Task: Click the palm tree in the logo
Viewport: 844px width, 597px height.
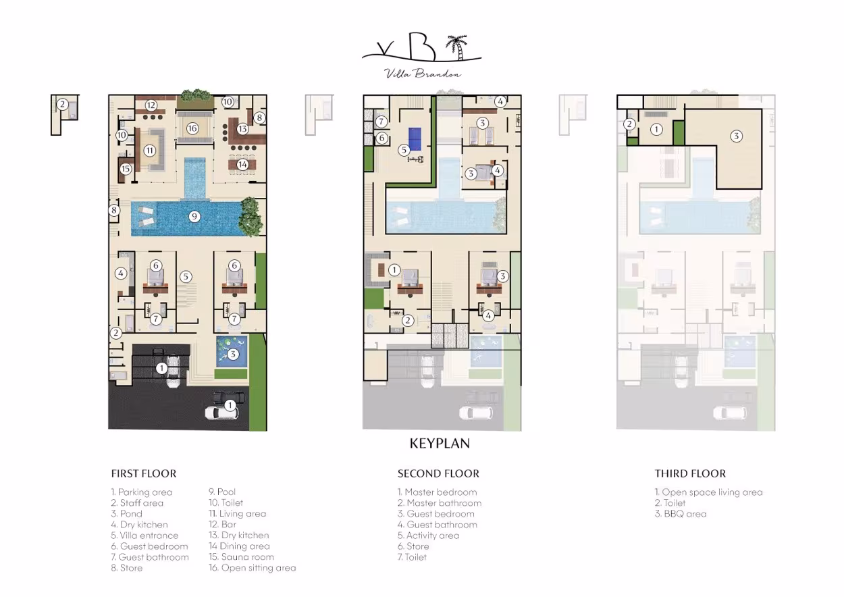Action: (x=456, y=47)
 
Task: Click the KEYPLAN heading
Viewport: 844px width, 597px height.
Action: (x=440, y=443)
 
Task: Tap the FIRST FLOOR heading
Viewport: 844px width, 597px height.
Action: (x=144, y=473)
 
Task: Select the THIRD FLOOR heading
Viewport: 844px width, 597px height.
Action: (x=690, y=473)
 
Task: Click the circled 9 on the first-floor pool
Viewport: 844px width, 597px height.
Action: (x=194, y=216)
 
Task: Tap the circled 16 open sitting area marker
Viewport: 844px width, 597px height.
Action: (x=192, y=128)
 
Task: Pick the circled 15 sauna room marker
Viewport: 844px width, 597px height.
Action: (x=126, y=169)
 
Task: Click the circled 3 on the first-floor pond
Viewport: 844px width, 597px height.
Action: (x=233, y=354)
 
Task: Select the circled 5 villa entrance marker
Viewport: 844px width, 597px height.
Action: (x=186, y=277)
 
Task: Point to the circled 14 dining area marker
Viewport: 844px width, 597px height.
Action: (x=242, y=164)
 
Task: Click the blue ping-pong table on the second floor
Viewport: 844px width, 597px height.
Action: (x=415, y=134)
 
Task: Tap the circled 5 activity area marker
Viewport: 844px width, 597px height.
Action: (x=404, y=150)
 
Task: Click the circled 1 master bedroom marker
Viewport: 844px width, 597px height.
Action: (x=394, y=270)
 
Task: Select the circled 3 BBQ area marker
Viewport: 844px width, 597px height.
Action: (x=736, y=136)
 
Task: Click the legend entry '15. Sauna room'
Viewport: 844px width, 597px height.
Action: (x=242, y=557)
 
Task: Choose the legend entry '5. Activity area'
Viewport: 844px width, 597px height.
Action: (x=428, y=536)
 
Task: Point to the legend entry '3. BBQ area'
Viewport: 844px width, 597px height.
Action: (x=681, y=514)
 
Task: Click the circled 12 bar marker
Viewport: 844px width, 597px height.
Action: (x=151, y=105)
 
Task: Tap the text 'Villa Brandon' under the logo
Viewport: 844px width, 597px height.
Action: (x=423, y=74)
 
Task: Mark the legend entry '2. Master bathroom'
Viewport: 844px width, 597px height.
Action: (x=440, y=502)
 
